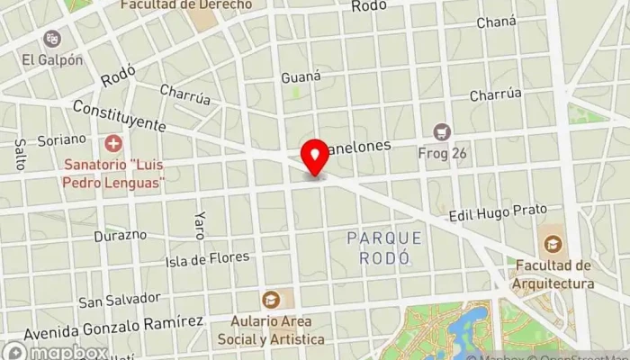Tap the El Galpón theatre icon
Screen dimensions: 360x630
[51, 39]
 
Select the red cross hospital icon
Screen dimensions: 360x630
[113, 143]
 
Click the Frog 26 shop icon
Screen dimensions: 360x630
[441, 131]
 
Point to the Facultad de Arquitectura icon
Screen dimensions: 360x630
[553, 243]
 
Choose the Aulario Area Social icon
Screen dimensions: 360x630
[270, 300]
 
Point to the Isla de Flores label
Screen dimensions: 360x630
[207, 259]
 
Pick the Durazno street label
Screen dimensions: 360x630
[120, 236]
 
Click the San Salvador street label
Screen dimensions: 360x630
[120, 299]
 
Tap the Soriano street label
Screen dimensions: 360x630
[62, 139]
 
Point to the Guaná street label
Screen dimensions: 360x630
[301, 76]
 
